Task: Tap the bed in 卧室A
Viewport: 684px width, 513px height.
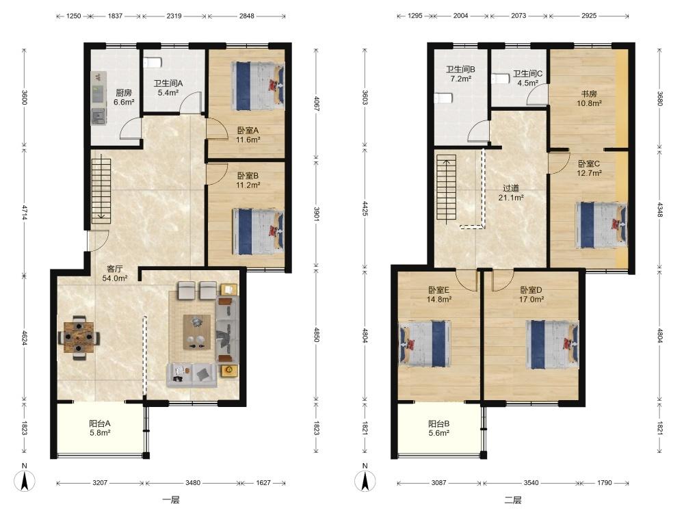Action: pyautogui.click(x=259, y=85)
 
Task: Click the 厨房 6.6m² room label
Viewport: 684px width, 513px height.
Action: pyautogui.click(x=124, y=97)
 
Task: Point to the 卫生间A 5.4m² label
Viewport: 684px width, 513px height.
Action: pyautogui.click(x=168, y=88)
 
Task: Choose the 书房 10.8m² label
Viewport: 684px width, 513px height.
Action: pyautogui.click(x=589, y=98)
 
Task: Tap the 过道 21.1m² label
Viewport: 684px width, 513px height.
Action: pyautogui.click(x=511, y=193)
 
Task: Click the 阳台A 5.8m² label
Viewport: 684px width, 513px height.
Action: pyautogui.click(x=100, y=428)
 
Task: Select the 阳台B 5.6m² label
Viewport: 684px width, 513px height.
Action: pyautogui.click(x=439, y=428)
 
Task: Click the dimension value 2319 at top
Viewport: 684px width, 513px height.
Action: pyautogui.click(x=174, y=16)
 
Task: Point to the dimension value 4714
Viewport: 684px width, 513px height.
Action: pyautogui.click(x=25, y=212)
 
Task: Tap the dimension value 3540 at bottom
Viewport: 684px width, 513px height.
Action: pyautogui.click(x=531, y=483)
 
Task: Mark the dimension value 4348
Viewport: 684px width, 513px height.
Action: pyautogui.click(x=660, y=210)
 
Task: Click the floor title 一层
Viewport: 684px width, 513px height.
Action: pyautogui.click(x=170, y=500)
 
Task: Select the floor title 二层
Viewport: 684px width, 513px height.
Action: pyautogui.click(x=513, y=500)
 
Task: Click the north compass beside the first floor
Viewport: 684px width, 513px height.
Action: pyautogui.click(x=25, y=481)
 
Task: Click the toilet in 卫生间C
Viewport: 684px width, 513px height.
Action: pyautogui.click(x=501, y=79)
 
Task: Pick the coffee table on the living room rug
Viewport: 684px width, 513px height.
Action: pyautogui.click(x=197, y=332)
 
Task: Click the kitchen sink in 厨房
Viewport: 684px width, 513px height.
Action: pyautogui.click(x=98, y=116)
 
